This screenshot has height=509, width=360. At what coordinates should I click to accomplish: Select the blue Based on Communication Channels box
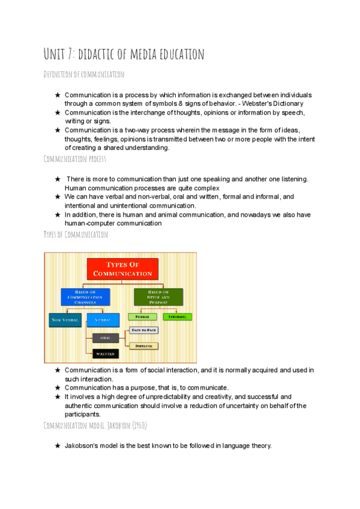point(85,297)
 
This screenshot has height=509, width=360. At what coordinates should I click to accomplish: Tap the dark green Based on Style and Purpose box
point(158,297)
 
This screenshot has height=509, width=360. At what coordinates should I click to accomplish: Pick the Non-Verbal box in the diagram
point(65,321)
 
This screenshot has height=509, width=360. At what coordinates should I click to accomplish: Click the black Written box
point(106,354)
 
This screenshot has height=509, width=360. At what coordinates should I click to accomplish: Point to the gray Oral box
point(106,338)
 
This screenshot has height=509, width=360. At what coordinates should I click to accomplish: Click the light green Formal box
point(142,316)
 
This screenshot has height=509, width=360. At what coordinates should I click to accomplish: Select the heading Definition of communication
point(84,74)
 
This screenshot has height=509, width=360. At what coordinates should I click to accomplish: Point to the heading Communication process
point(75,159)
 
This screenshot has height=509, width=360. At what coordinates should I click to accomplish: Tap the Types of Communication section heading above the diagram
point(76,235)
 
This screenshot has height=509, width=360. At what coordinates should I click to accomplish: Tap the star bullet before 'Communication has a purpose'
point(57,388)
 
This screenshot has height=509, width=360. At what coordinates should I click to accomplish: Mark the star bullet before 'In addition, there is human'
point(57,215)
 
